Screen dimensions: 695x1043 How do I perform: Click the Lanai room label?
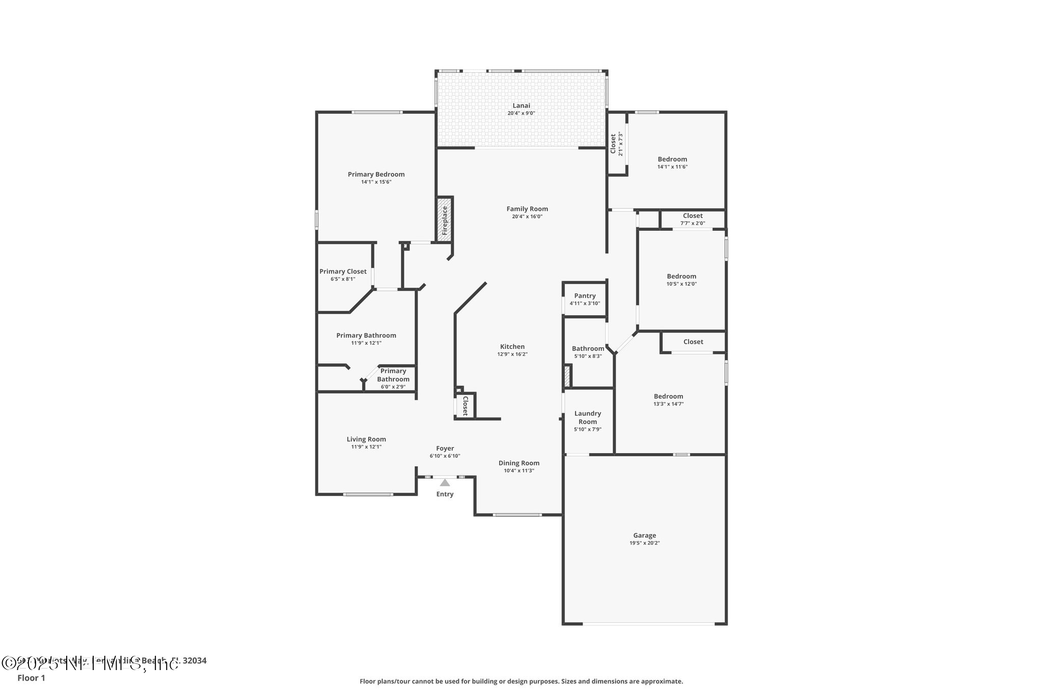pyautogui.click(x=521, y=105)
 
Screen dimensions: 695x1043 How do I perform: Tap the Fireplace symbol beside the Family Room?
pyautogui.click(x=445, y=219)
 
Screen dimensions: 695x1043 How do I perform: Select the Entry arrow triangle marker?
pyautogui.click(x=445, y=483)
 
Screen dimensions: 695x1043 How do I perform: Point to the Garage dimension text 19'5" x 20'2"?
pyautogui.click(x=644, y=543)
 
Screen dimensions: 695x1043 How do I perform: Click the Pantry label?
pyautogui.click(x=585, y=296)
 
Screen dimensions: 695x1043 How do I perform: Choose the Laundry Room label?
pyautogui.click(x=588, y=418)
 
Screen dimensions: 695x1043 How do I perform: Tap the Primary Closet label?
pyautogui.click(x=343, y=271)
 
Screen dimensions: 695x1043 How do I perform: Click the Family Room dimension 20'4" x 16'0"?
pyautogui.click(x=527, y=216)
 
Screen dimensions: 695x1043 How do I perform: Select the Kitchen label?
pyautogui.click(x=512, y=347)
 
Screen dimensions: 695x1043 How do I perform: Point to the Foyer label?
pyautogui.click(x=445, y=449)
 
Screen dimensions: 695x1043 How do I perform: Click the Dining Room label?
pyautogui.click(x=519, y=463)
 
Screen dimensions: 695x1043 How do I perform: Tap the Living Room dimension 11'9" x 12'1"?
pyautogui.click(x=366, y=447)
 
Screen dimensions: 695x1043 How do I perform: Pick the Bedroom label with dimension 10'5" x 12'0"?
pyautogui.click(x=681, y=276)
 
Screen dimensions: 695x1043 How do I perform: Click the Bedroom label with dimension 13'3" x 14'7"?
pyautogui.click(x=668, y=396)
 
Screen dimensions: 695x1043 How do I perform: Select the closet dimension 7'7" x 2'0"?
pyautogui.click(x=693, y=223)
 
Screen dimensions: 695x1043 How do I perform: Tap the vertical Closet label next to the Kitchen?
pyautogui.click(x=465, y=406)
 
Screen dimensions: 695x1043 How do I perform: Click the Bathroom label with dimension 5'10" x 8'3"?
pyautogui.click(x=588, y=349)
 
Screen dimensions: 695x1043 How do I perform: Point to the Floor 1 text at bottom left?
pyautogui.click(x=31, y=678)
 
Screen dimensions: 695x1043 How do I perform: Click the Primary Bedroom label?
pyautogui.click(x=376, y=174)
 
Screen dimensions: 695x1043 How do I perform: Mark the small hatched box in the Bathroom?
pyautogui.click(x=567, y=376)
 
